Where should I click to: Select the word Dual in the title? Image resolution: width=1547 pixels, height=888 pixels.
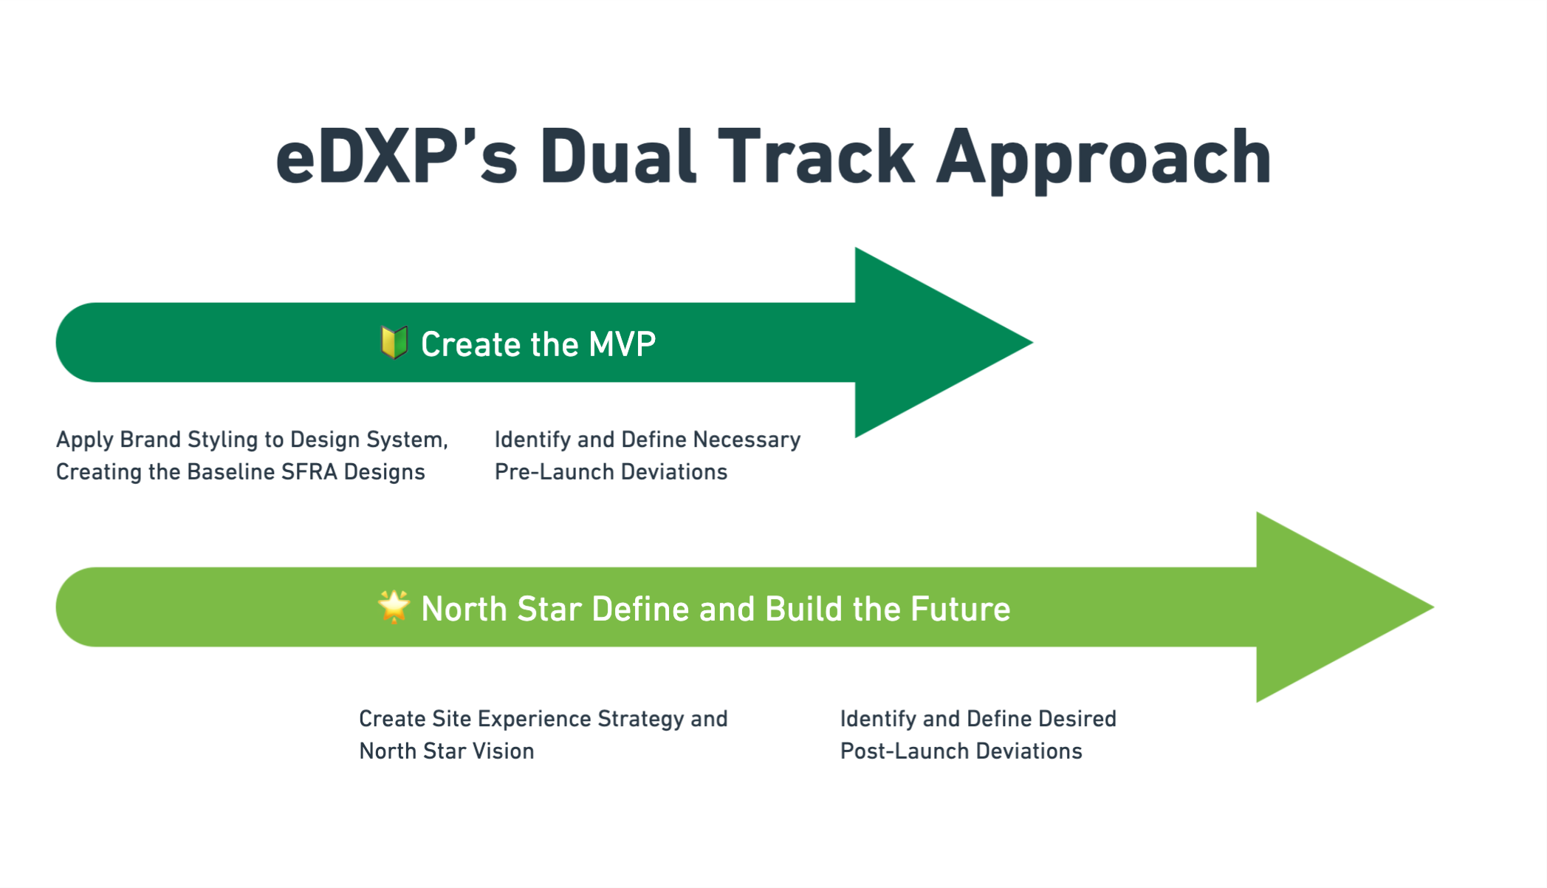(618, 156)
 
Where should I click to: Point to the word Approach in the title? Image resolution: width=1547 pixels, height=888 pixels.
(1104, 160)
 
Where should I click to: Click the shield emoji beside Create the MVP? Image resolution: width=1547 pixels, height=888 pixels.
(394, 343)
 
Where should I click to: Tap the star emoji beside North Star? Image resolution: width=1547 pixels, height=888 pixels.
(394, 607)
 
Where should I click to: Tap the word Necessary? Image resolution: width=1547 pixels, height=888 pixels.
(747, 440)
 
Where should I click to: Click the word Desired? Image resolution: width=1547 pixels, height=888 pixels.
(1077, 718)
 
